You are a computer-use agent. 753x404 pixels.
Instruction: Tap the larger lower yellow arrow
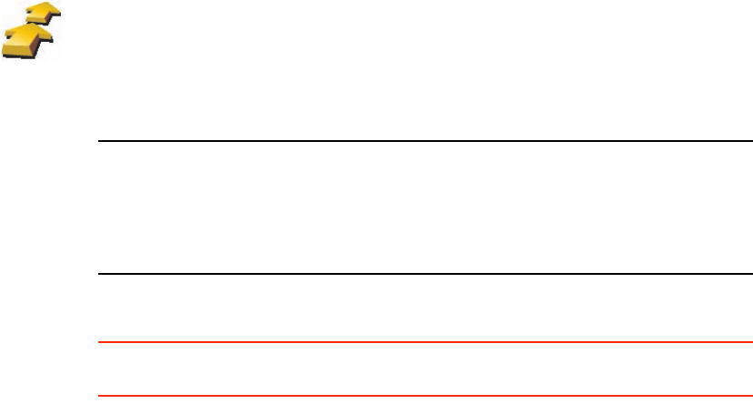tap(32, 41)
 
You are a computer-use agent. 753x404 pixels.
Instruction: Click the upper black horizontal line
tap(426, 141)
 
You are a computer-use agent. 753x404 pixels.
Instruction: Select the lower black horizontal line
tap(426, 273)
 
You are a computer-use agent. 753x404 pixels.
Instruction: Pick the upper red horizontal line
tap(426, 343)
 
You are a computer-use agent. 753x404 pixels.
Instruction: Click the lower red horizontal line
tap(426, 396)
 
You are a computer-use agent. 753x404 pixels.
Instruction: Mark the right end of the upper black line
tap(751, 141)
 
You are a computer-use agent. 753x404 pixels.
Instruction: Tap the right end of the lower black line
tap(751, 273)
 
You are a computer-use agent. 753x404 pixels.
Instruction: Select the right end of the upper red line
tap(751, 343)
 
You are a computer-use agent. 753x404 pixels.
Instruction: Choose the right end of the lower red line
tap(751, 396)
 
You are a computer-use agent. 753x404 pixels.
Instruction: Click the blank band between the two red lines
tap(426, 369)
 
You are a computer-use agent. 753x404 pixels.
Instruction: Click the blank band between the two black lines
tap(426, 207)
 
